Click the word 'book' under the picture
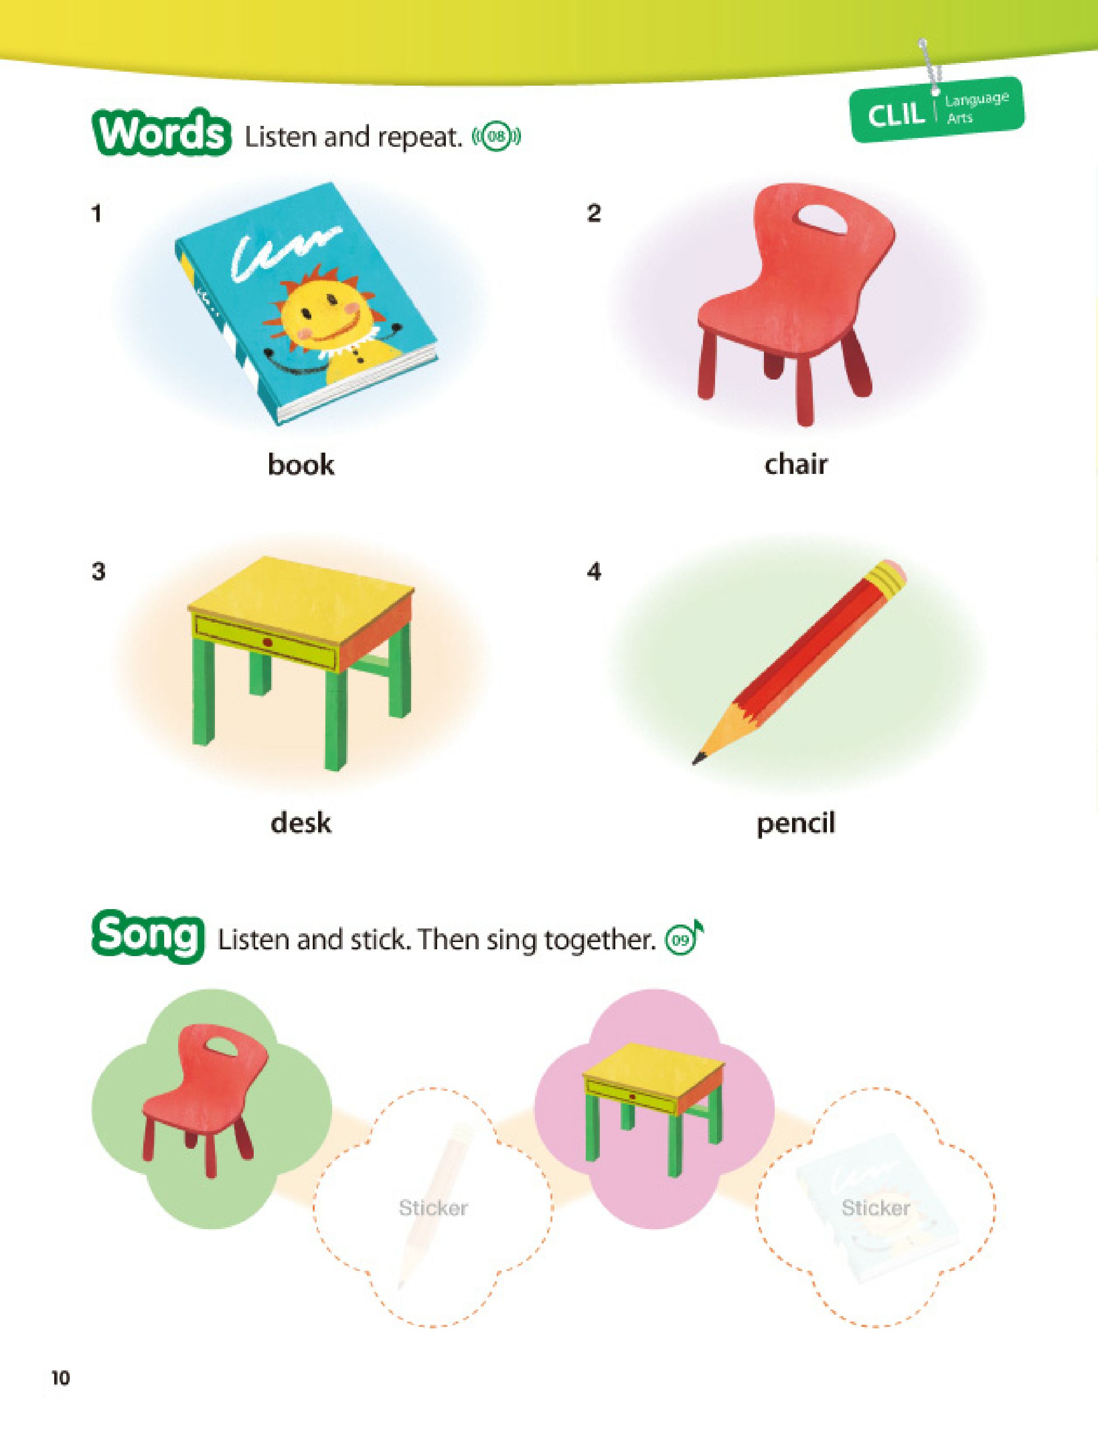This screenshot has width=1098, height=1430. point(301,465)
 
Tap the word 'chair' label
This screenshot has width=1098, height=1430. point(795,465)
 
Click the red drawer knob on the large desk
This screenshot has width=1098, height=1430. point(267,642)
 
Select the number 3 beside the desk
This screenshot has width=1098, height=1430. point(98,572)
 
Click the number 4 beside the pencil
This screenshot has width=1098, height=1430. point(594,572)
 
